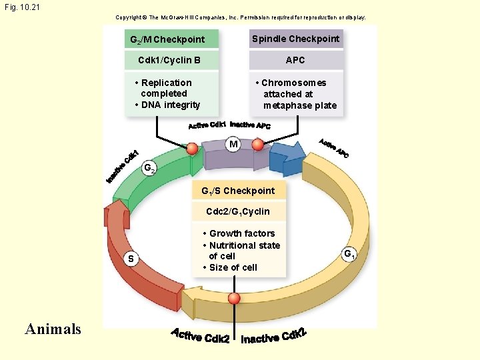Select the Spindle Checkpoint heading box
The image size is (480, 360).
click(x=295, y=39)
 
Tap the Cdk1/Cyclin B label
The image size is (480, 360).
click(x=169, y=61)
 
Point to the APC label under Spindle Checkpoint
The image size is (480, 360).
click(x=295, y=60)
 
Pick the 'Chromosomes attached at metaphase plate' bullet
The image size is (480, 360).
click(x=298, y=94)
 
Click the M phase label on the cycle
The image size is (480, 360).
click(x=233, y=144)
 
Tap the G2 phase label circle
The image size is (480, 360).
click(x=149, y=169)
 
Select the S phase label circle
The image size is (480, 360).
click(x=131, y=259)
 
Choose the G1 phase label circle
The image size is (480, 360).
click(x=349, y=254)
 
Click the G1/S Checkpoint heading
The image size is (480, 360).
click(x=238, y=191)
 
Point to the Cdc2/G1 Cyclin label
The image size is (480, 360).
click(x=238, y=211)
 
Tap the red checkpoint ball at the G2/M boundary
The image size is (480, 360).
click(x=193, y=149)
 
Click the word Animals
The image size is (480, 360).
click(x=53, y=329)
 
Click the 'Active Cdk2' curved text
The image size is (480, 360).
click(x=200, y=335)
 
